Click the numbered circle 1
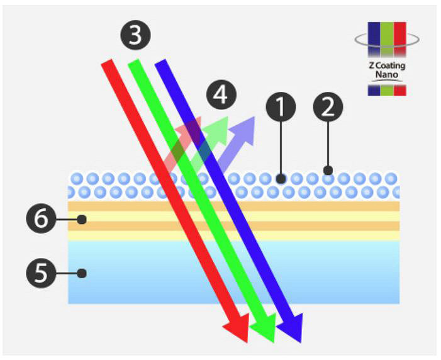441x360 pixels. [x=281, y=108]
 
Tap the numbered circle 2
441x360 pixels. [x=328, y=108]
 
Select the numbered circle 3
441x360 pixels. [x=135, y=35]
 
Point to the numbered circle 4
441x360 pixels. [x=221, y=96]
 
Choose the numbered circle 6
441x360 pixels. [x=40, y=219]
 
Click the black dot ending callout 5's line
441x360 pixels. [x=81, y=273]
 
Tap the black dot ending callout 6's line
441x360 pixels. [x=81, y=219]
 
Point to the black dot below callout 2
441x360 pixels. [x=328, y=170]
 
